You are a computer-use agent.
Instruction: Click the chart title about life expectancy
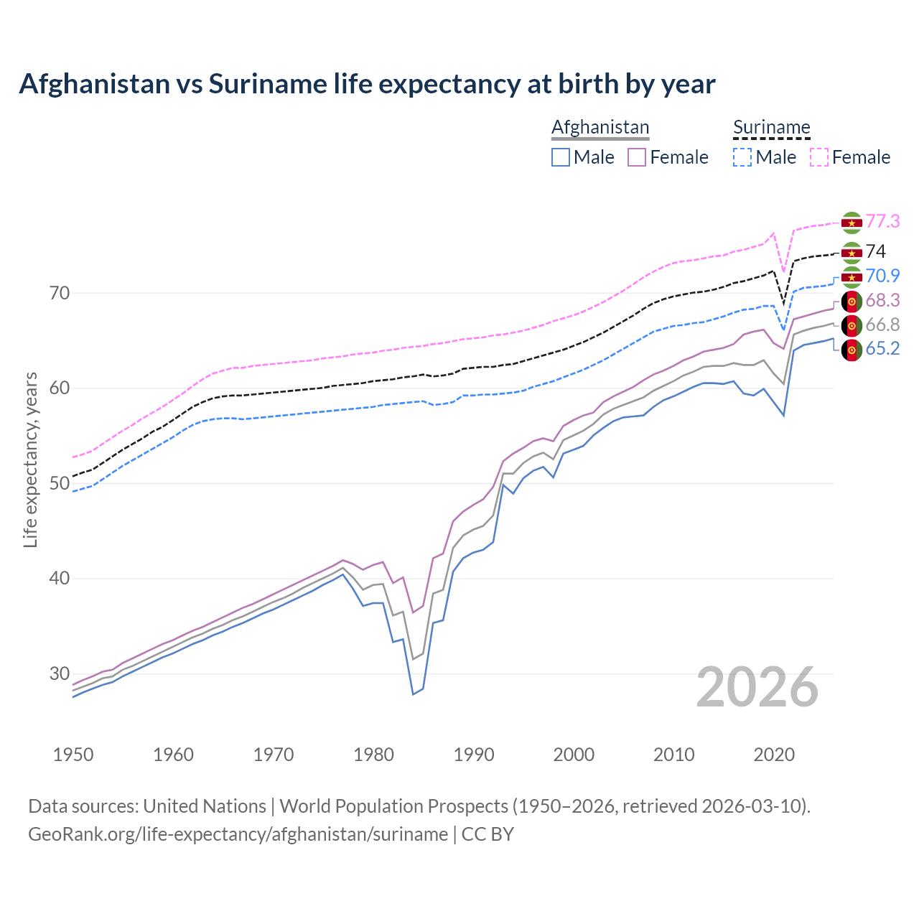coord(367,84)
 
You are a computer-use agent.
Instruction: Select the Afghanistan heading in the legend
coord(600,127)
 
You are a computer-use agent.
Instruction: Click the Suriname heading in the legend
coord(771,127)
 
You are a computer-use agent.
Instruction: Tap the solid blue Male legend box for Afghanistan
coord(561,157)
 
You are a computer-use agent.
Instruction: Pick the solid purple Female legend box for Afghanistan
coord(637,157)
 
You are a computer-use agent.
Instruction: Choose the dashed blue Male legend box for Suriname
coord(742,157)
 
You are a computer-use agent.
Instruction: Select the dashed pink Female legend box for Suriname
coord(819,157)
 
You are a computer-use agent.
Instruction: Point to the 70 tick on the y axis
coord(60,293)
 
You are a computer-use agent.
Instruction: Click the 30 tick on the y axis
coord(60,673)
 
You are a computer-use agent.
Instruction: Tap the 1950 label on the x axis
coord(73,755)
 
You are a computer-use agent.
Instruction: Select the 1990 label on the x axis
coord(474,755)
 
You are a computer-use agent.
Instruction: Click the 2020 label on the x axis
coord(774,755)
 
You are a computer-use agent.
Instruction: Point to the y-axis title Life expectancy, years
coord(31,459)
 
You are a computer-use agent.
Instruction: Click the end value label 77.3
coord(882,221)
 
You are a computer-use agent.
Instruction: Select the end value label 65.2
coord(882,349)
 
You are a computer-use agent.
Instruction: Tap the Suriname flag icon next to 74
coord(852,253)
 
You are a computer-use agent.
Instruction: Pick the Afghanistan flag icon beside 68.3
coord(852,301)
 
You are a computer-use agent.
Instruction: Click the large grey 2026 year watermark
coord(757,687)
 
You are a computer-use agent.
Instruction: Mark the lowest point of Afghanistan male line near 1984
coord(413,694)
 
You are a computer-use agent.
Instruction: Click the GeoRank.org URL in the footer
coord(238,834)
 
